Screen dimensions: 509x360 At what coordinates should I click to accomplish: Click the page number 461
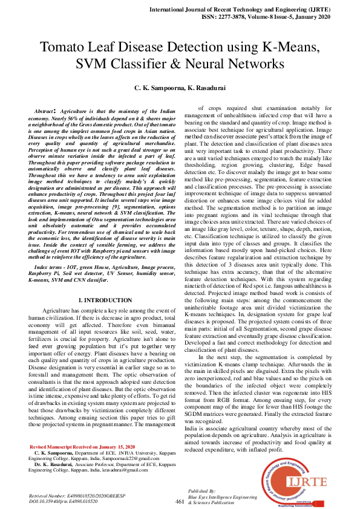coord(179,501)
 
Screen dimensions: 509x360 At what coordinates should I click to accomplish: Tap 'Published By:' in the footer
coord(200,491)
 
